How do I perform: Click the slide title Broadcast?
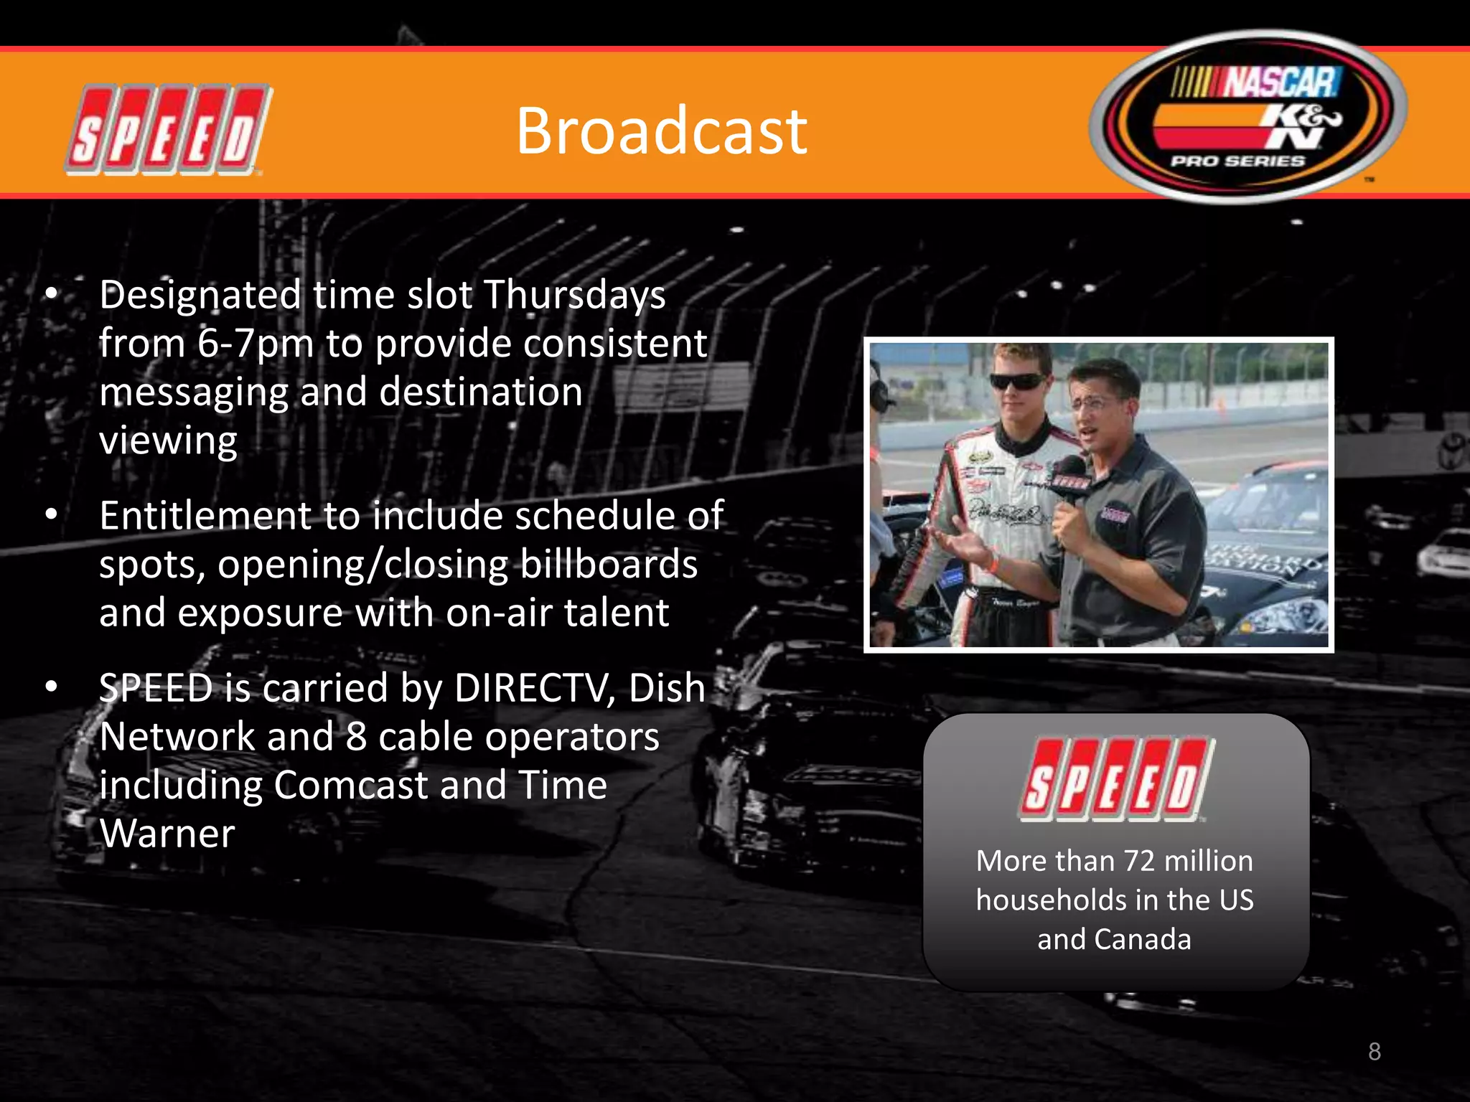click(x=661, y=131)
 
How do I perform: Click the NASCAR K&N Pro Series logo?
click(x=1247, y=117)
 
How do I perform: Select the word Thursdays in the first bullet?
click(x=574, y=295)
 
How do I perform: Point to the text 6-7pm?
click(x=255, y=344)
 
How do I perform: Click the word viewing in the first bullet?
click(x=168, y=441)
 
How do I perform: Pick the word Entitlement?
click(x=205, y=516)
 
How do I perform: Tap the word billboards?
click(x=608, y=564)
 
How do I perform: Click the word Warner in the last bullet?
click(x=167, y=834)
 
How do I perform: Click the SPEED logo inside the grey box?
click(x=1117, y=779)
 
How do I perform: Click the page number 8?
click(x=1374, y=1051)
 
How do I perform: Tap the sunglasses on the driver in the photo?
click(x=1018, y=382)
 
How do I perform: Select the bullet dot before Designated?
click(x=51, y=293)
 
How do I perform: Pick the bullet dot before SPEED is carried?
click(x=51, y=687)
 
